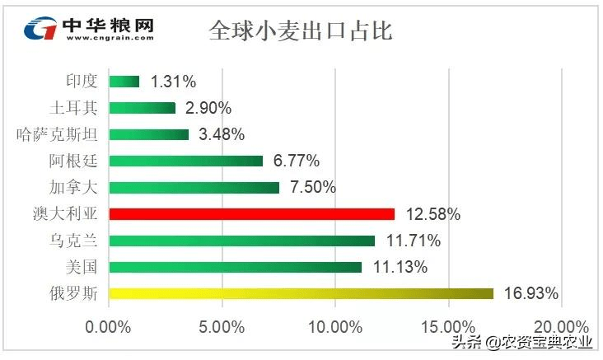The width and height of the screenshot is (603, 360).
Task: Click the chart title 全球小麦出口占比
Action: coord(301,31)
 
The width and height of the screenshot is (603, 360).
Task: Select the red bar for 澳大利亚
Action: coord(251,214)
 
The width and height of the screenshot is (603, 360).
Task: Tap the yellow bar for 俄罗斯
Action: coord(301,293)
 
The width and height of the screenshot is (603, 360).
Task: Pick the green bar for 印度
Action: coord(124,81)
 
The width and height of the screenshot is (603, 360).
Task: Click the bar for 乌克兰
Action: coord(241,241)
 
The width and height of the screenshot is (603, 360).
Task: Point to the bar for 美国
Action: coord(235,267)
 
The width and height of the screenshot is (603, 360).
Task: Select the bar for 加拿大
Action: coord(194,187)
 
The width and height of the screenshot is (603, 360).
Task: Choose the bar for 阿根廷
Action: coord(185,161)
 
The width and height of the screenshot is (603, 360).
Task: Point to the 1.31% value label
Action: coord(173,81)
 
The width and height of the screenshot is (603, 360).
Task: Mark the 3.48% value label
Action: coord(222,134)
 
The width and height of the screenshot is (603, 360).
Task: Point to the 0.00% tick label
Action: coord(109,326)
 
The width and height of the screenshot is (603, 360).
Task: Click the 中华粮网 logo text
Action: coord(107,25)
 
